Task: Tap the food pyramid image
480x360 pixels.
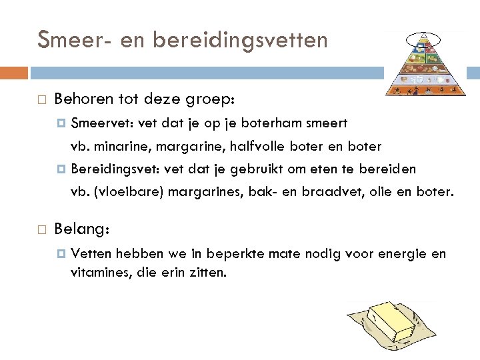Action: point(425,64)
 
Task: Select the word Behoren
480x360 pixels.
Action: point(84,100)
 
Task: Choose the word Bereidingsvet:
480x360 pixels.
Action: point(117,169)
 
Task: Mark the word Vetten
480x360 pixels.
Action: point(91,253)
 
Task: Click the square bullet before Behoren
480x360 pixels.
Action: point(42,101)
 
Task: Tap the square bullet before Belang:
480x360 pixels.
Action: point(42,229)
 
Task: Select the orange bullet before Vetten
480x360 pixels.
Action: point(62,253)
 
